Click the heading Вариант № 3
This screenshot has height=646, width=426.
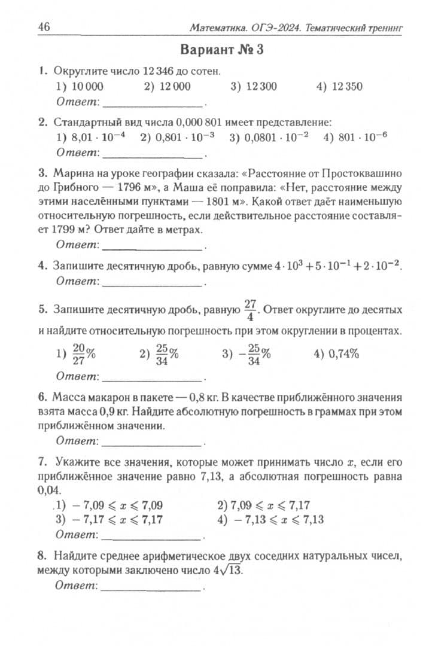[221, 50]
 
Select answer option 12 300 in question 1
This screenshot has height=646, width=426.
[254, 86]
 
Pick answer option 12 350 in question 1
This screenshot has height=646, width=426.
[339, 86]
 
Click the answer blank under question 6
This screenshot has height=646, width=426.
[153, 443]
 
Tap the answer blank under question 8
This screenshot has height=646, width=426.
[152, 589]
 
